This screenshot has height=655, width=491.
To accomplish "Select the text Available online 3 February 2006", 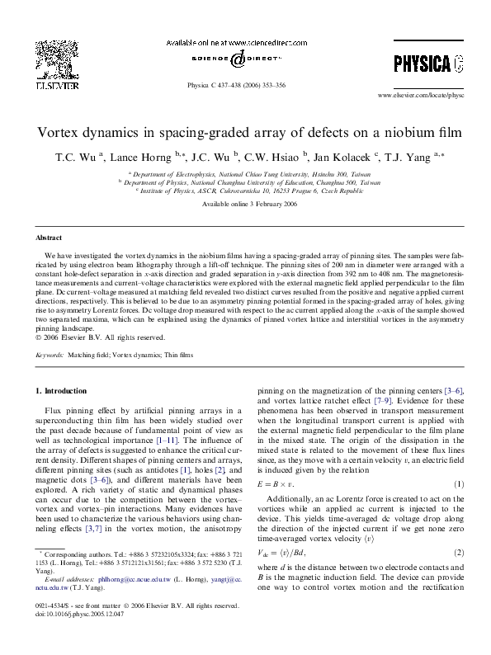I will (245, 205).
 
